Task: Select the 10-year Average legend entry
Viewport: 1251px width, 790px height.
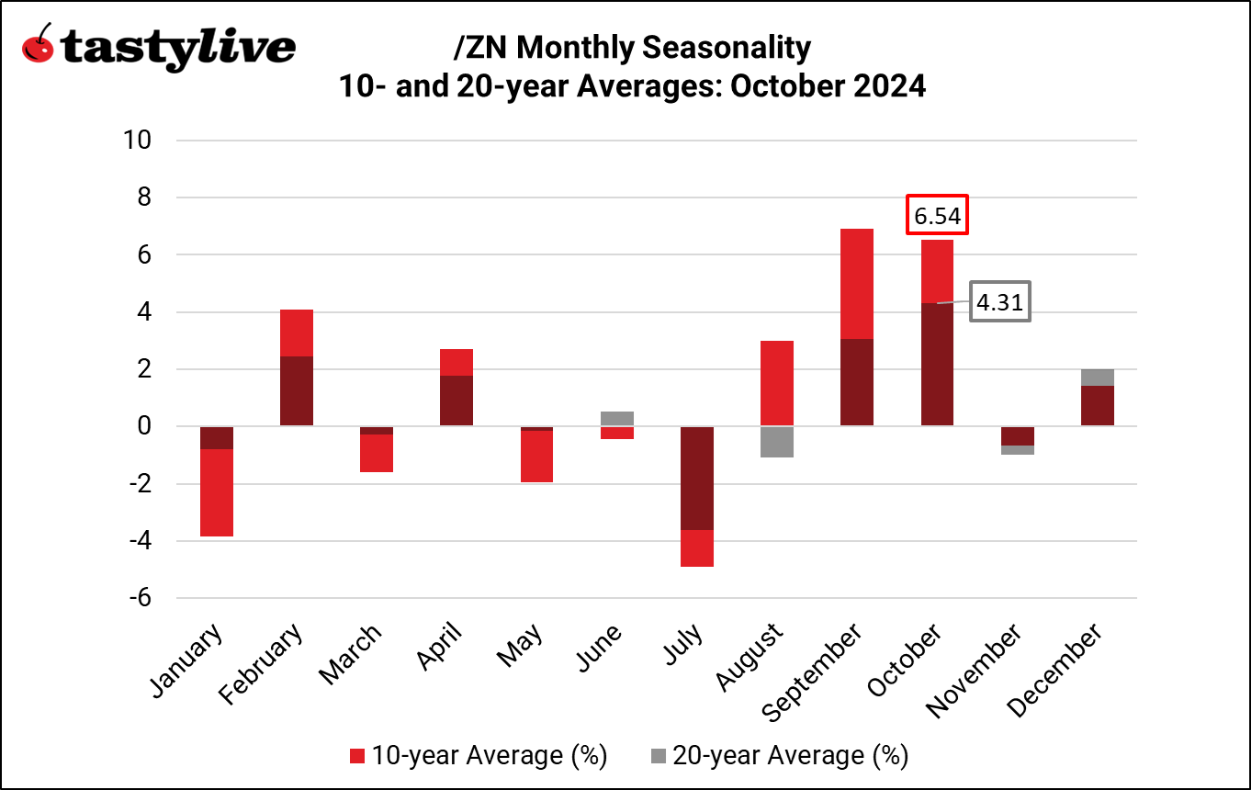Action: click(479, 755)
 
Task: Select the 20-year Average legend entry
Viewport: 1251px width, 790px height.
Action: click(779, 755)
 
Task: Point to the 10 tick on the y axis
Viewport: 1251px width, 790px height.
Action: click(141, 141)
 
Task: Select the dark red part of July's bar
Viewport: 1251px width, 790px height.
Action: click(696, 478)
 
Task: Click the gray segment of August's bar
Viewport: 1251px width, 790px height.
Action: click(776, 442)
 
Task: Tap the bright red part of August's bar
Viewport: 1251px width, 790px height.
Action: click(776, 383)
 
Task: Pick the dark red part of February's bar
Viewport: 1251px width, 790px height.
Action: click(296, 391)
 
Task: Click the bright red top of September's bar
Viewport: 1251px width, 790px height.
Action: click(856, 284)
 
